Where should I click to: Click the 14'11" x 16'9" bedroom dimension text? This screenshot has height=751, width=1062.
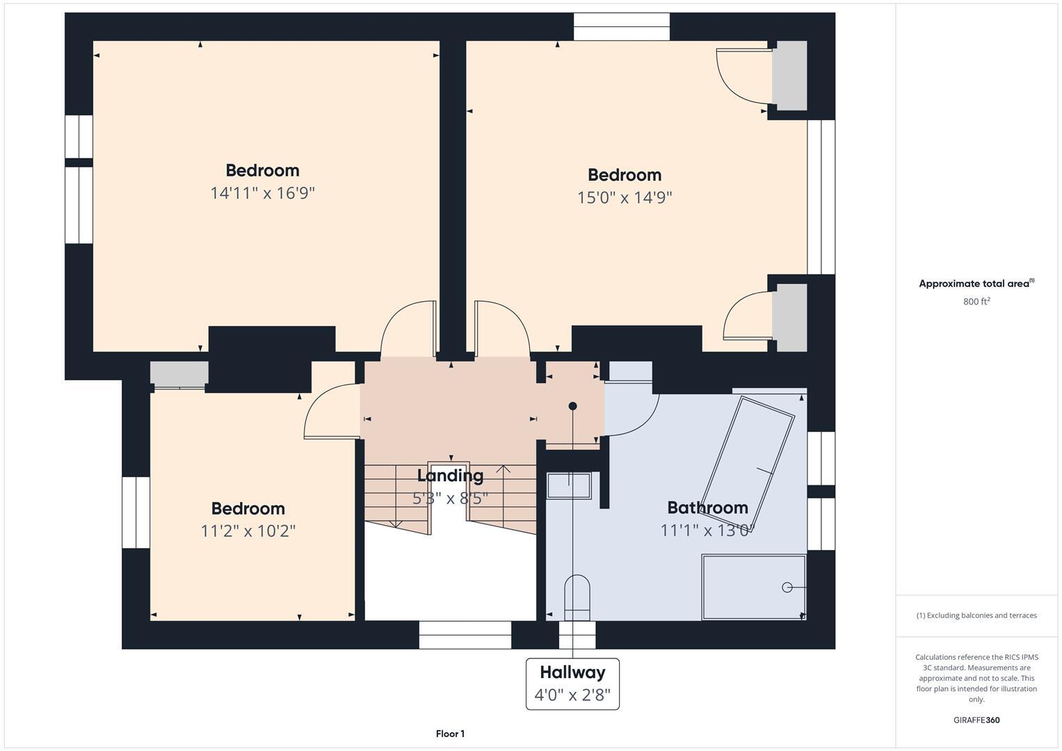pos(262,193)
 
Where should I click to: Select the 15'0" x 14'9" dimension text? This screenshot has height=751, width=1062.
pos(624,197)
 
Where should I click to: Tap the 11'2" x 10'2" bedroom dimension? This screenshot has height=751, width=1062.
pos(248,531)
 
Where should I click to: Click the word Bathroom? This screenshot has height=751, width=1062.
pos(707,508)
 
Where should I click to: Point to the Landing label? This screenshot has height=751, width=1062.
pos(450,476)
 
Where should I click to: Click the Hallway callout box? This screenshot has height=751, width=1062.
pos(572,684)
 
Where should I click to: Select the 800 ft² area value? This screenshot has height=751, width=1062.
pos(976,302)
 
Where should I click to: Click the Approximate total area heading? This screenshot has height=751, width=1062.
pos(976,284)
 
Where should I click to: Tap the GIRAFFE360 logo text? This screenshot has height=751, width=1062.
pos(976,720)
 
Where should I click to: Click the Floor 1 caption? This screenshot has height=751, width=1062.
pos(450,734)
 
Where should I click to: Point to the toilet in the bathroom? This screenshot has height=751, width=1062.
pos(577,597)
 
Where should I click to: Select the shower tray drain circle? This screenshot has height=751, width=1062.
pos(787,588)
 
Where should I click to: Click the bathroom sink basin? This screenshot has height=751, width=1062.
pos(569,485)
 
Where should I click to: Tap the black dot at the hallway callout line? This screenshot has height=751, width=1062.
pos(572,406)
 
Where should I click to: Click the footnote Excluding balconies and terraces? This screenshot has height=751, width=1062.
pos(976,615)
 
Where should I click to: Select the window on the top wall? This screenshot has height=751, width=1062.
pos(621,27)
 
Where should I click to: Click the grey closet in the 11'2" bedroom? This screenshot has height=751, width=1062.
pos(179,374)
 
